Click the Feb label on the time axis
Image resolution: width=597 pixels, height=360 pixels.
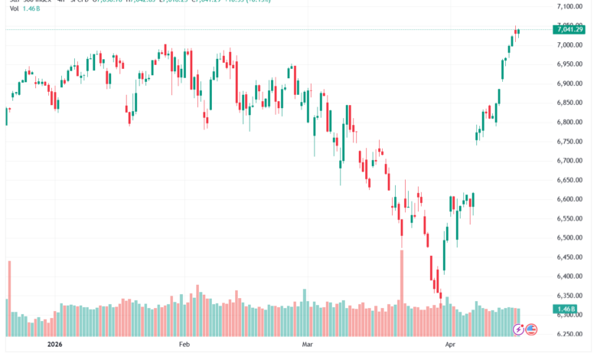tap(184, 346)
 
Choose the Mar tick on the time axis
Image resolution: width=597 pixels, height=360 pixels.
tap(308, 346)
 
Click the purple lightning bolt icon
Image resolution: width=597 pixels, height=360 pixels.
tap(518, 329)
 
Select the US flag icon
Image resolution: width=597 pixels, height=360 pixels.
tap(530, 329)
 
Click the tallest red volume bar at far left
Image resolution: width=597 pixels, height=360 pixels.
tap(10, 299)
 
